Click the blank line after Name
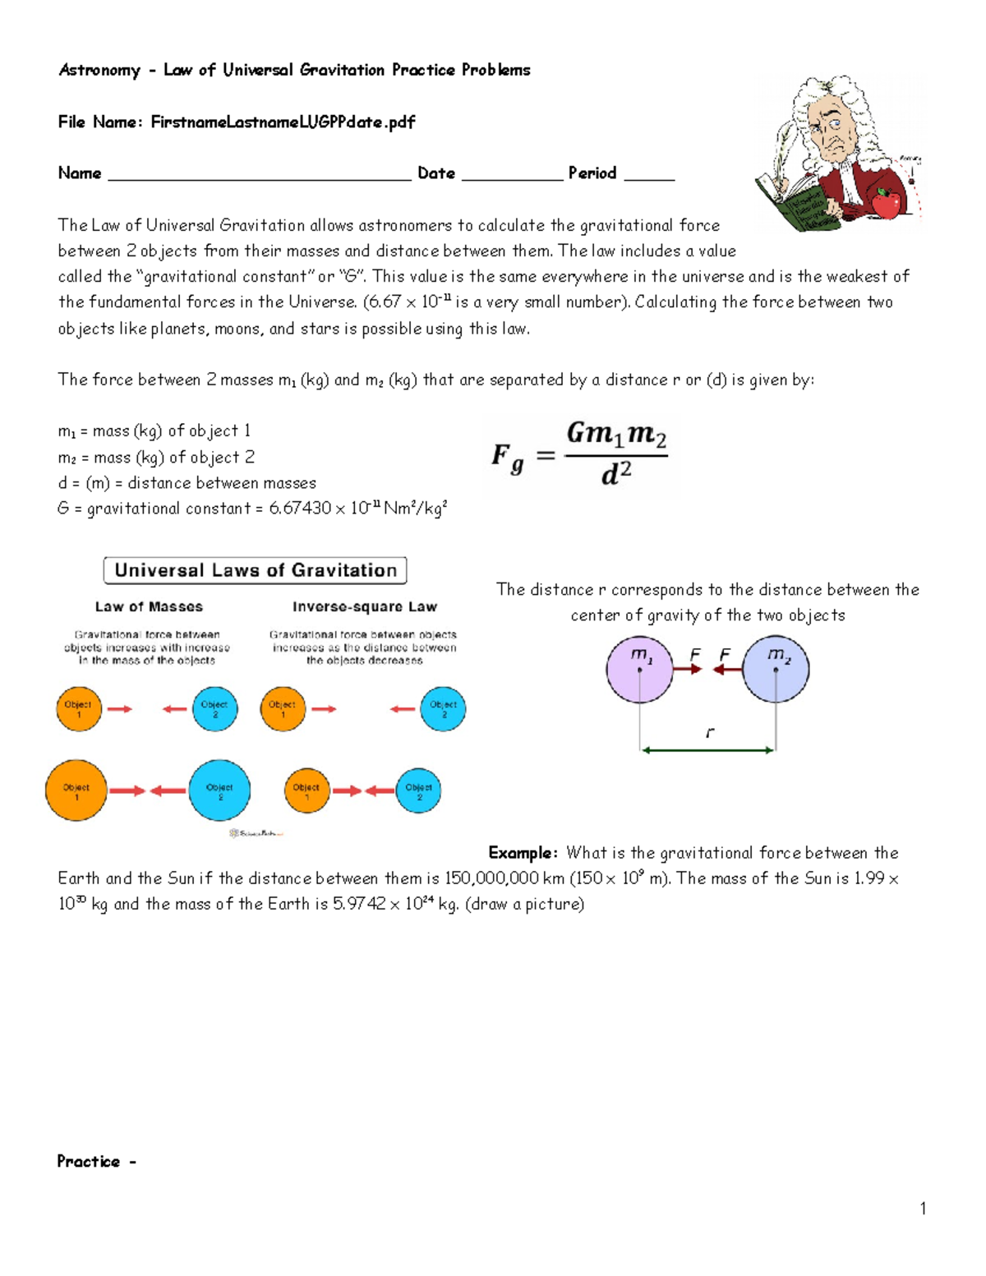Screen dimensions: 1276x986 pyautogui.click(x=259, y=174)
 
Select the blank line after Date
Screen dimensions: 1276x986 pyautogui.click(x=512, y=174)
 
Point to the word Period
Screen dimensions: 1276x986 pyautogui.click(x=592, y=173)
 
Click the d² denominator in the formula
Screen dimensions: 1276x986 pyautogui.click(x=616, y=473)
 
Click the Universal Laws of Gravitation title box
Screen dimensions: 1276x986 pyautogui.click(x=255, y=570)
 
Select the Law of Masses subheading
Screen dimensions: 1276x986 pyautogui.click(x=149, y=606)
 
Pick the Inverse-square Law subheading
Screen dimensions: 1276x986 pyautogui.click(x=365, y=606)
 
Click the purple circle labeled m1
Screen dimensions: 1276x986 pyautogui.click(x=639, y=669)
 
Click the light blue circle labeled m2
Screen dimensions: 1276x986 pyautogui.click(x=776, y=669)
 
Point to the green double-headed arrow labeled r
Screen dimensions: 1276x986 pyautogui.click(x=707, y=749)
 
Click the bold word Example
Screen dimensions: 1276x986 pyautogui.click(x=523, y=852)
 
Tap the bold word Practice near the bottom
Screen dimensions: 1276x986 pyautogui.click(x=88, y=1161)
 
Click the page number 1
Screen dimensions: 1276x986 pyautogui.click(x=923, y=1208)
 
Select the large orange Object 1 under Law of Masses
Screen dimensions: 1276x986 pyautogui.click(x=76, y=790)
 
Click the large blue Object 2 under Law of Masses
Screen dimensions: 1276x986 pyautogui.click(x=219, y=790)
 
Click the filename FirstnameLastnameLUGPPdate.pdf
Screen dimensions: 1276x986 pyautogui.click(x=283, y=122)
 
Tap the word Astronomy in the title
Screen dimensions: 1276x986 pyautogui.click(x=99, y=70)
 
